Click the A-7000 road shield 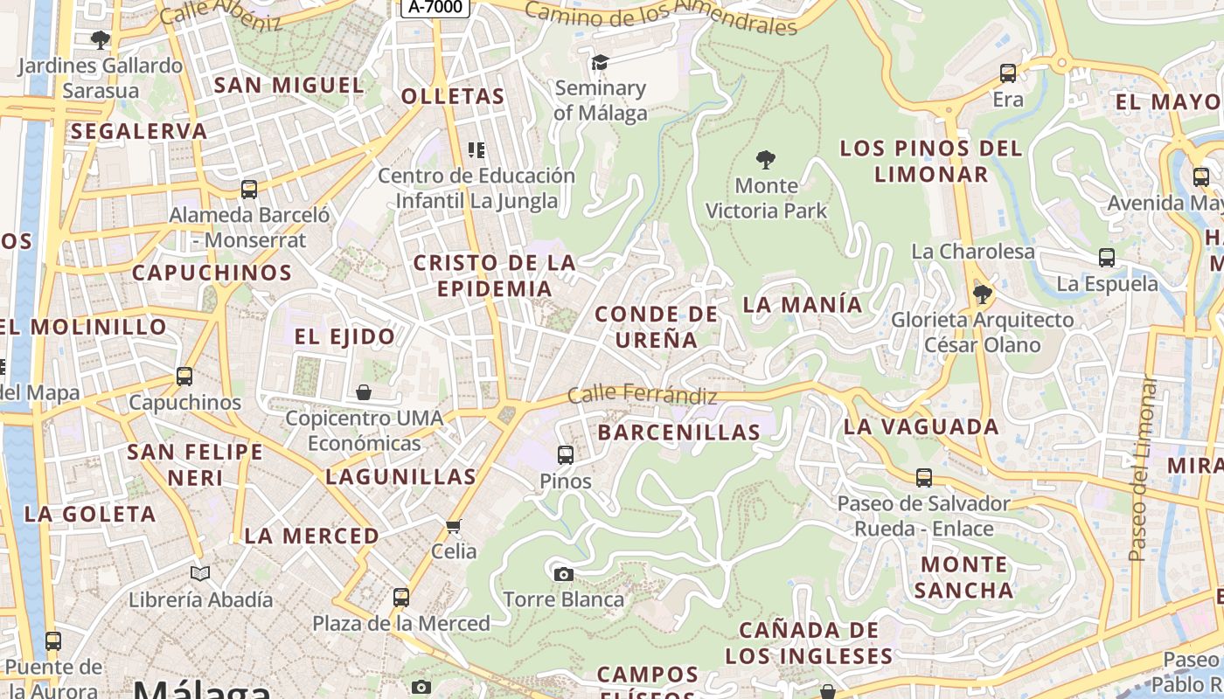[x=435, y=7]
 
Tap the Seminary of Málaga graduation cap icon [x=600, y=62]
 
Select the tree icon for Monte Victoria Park [x=766, y=160]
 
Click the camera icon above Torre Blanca [x=564, y=574]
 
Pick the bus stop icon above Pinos [x=566, y=454]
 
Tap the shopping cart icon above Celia [x=453, y=526]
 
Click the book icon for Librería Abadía [x=200, y=573]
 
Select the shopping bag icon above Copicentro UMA [x=364, y=392]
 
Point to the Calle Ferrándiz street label [x=643, y=396]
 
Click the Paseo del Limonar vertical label [x=1141, y=468]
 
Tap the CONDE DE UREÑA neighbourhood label [x=656, y=327]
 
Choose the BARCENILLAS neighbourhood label [x=679, y=433]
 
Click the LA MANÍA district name [x=803, y=305]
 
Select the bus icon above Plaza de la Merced [x=401, y=598]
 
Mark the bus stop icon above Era [x=1008, y=73]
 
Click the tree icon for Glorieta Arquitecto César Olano [x=983, y=294]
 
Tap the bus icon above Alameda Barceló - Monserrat [x=249, y=189]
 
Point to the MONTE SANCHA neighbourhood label [x=963, y=577]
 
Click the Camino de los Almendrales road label [x=662, y=17]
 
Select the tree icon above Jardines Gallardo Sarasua [x=101, y=39]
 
